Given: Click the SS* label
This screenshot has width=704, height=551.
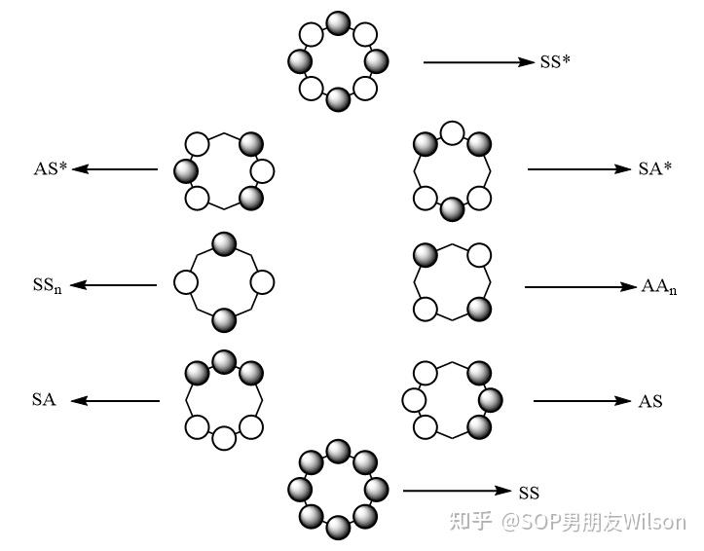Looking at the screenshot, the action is pyautogui.click(x=555, y=61).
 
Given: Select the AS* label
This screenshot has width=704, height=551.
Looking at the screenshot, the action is pyautogui.click(x=50, y=168).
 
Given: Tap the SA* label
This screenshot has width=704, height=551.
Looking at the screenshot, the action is pyautogui.click(x=655, y=168).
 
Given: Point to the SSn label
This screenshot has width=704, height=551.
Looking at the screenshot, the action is pyautogui.click(x=47, y=285).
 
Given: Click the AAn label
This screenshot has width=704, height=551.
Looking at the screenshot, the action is pyautogui.click(x=659, y=287).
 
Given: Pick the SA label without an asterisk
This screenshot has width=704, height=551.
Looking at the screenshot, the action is pyautogui.click(x=44, y=399).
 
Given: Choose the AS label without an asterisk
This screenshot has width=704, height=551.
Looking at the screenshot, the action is pyautogui.click(x=650, y=401).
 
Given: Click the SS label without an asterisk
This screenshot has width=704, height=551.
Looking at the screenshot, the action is pyautogui.click(x=529, y=493).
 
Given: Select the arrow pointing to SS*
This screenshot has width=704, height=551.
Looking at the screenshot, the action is pyautogui.click(x=479, y=62).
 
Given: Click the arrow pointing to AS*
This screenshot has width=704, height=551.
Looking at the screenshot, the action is pyautogui.click(x=115, y=169).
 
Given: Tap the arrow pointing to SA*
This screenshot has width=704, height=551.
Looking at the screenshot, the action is pyautogui.click(x=579, y=169).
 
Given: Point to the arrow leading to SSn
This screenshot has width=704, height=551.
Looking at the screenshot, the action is pyautogui.click(x=114, y=285).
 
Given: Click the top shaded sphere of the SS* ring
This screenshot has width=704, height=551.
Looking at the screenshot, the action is pyautogui.click(x=338, y=23).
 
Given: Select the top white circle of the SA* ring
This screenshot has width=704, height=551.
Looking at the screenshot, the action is pyautogui.click(x=452, y=133).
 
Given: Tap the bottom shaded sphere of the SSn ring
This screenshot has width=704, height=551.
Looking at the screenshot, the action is pyautogui.click(x=224, y=320).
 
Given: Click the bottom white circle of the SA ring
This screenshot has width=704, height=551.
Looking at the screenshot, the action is pyautogui.click(x=224, y=438).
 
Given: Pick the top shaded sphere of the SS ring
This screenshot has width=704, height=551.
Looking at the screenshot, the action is pyautogui.click(x=338, y=452).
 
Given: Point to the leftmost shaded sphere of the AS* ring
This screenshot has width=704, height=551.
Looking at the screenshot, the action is pyautogui.click(x=186, y=171).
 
